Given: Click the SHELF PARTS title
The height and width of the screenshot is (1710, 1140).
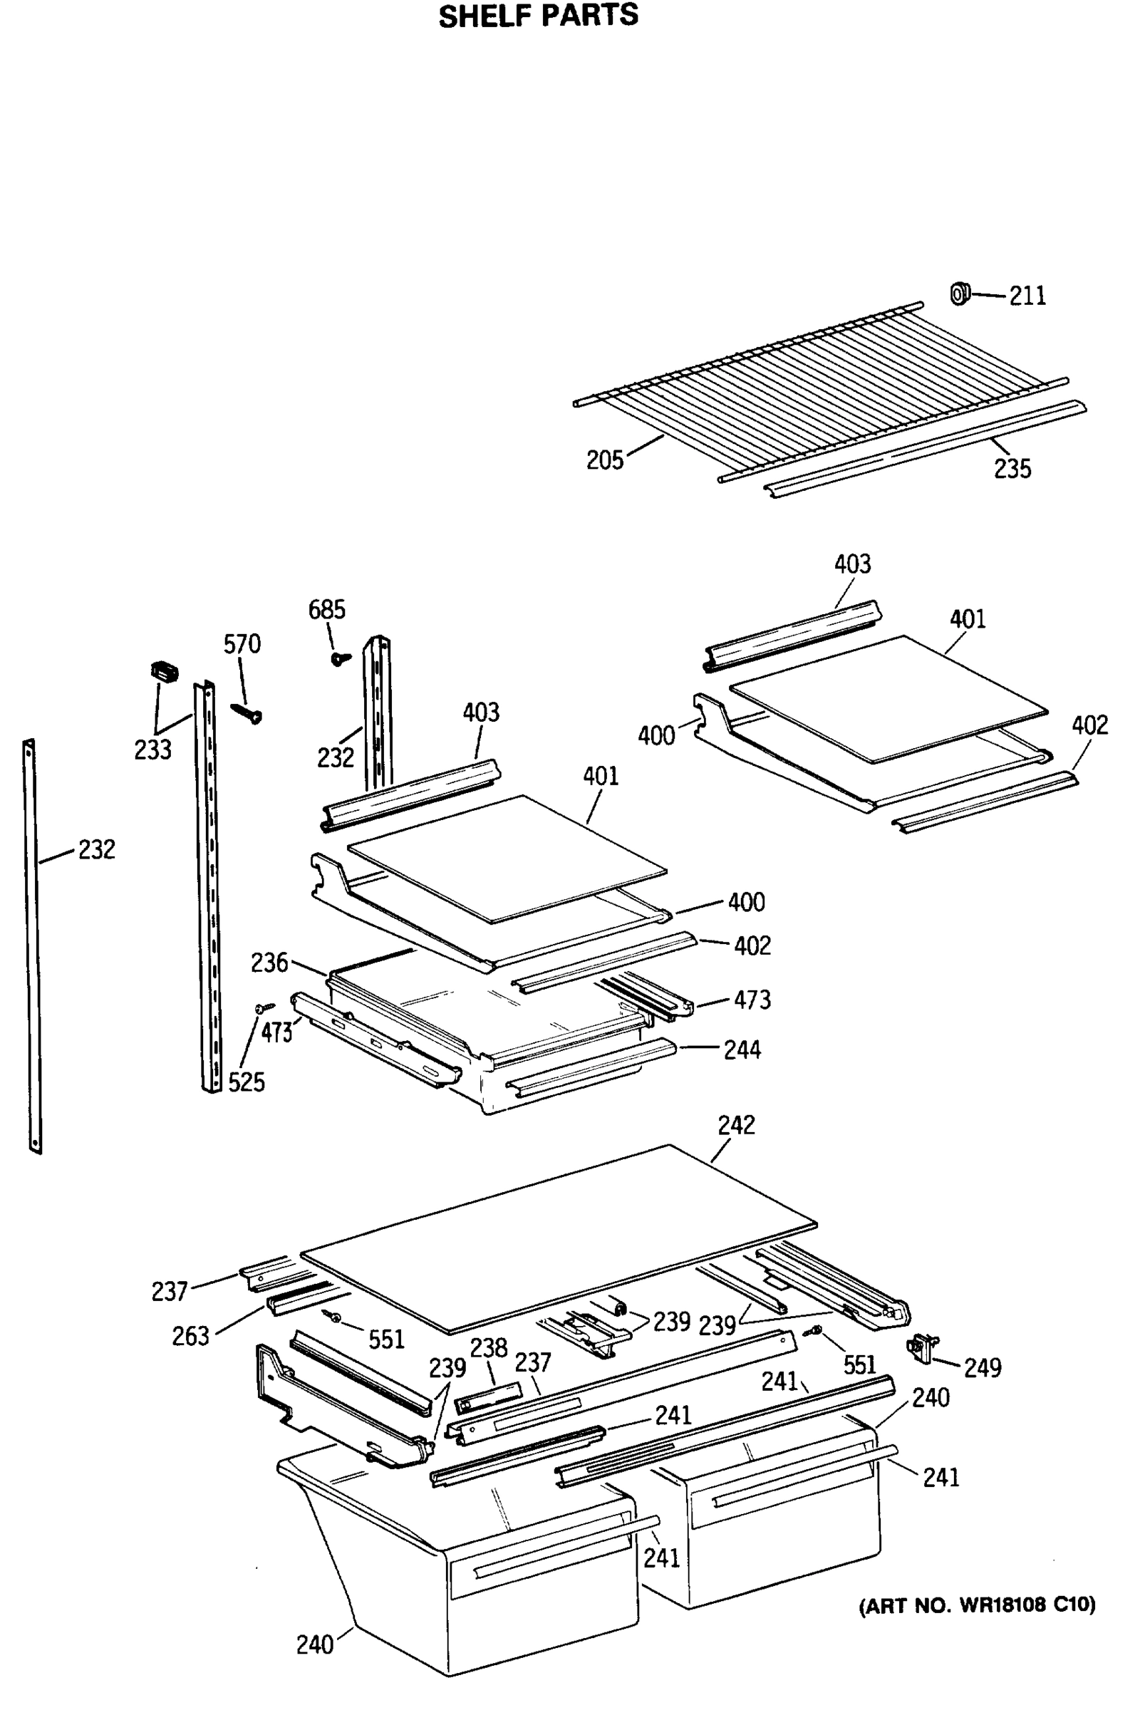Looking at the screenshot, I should [538, 16].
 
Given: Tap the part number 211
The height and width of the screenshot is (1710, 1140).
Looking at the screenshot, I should [1027, 296].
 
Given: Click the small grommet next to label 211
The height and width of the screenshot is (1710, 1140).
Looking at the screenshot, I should [960, 294].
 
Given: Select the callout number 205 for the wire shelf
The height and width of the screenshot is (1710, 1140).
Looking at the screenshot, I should [605, 460].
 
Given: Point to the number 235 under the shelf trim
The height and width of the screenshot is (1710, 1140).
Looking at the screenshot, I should [1012, 469].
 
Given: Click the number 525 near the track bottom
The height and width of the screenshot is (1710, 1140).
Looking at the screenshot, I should [247, 1082].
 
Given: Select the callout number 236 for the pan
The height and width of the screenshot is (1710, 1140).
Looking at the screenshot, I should [269, 963].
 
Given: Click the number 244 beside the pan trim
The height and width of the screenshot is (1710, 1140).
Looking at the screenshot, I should [742, 1050].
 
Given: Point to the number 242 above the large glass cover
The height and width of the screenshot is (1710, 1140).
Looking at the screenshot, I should [736, 1125].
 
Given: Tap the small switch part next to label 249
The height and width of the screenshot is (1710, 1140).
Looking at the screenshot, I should [922, 1347].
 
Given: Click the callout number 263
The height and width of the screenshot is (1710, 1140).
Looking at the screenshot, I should [190, 1337].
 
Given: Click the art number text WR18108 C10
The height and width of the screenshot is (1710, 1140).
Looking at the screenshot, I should [976, 1605].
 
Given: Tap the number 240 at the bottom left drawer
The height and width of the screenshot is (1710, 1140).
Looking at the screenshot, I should [314, 1644].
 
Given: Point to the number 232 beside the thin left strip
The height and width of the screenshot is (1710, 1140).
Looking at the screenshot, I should [97, 849].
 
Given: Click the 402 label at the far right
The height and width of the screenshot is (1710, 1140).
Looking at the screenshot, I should [1089, 725].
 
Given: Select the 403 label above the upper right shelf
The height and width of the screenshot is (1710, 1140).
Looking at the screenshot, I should [852, 564].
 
